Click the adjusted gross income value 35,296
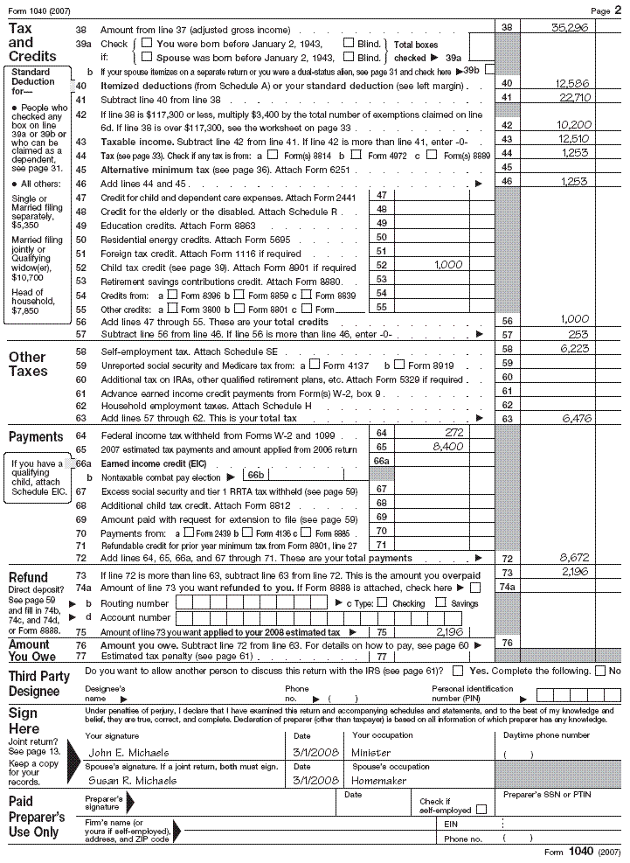(x=571, y=28)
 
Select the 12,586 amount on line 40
(x=573, y=83)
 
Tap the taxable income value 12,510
(x=573, y=139)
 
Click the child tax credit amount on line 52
(x=448, y=264)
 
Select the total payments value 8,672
(x=574, y=557)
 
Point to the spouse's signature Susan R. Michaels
(x=127, y=780)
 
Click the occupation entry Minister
(x=370, y=752)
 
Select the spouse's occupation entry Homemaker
(x=380, y=780)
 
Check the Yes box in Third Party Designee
(x=458, y=671)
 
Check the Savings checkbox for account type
(x=441, y=602)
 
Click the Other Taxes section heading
(x=27, y=364)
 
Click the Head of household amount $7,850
(x=23, y=310)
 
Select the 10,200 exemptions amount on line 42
(x=573, y=125)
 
